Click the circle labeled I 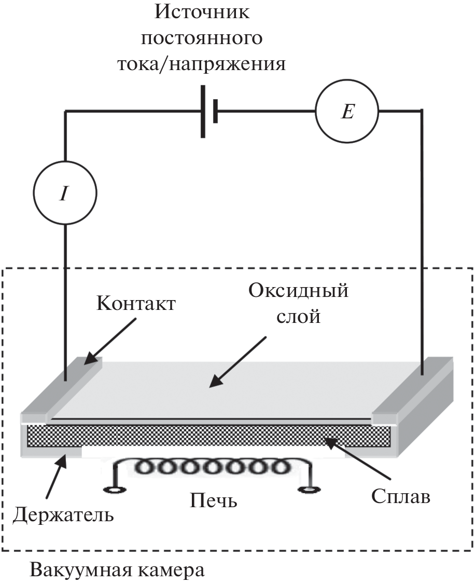coord(65,193)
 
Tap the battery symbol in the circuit coord(208,111)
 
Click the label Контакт coord(136,303)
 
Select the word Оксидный coord(298,291)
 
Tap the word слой coord(298,316)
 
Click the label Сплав coord(400,496)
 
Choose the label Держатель coord(63,515)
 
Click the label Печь coord(213,501)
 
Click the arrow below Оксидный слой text coord(238,361)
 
